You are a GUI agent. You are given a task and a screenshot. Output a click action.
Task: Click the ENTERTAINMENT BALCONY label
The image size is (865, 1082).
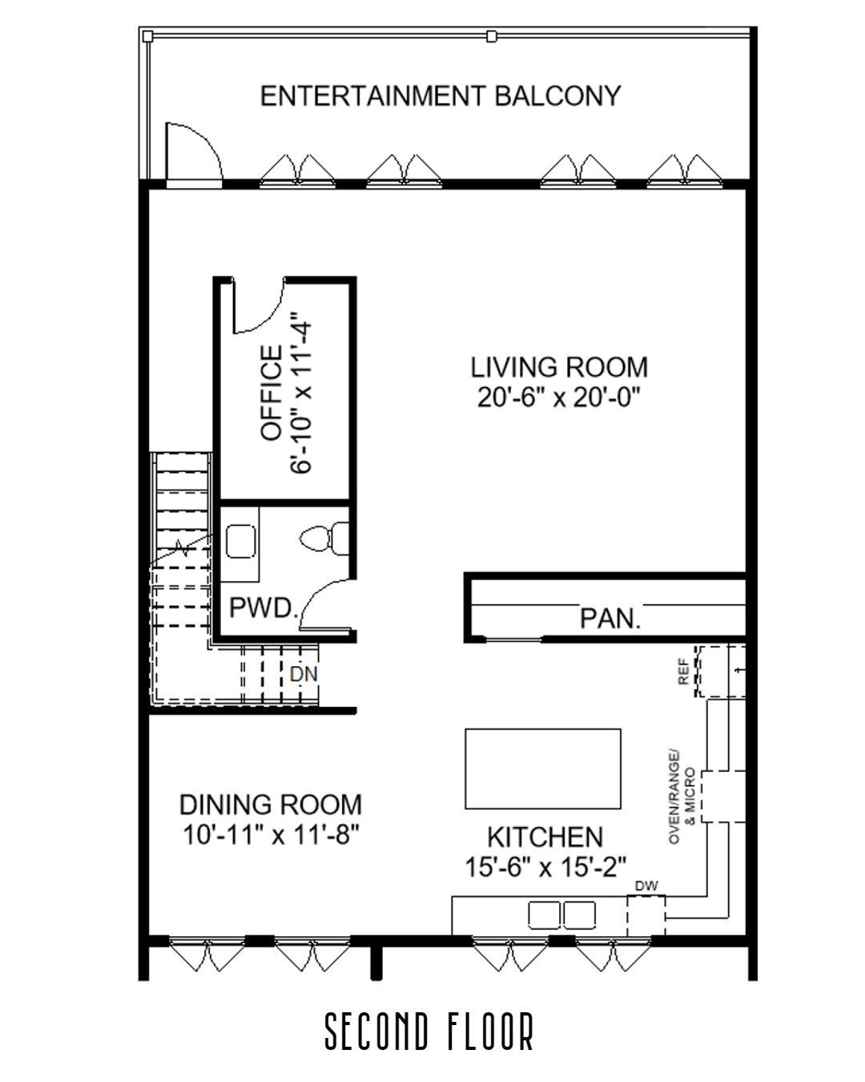coord(440,96)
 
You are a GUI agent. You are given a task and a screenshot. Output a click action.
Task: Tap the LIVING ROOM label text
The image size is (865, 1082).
coord(558,367)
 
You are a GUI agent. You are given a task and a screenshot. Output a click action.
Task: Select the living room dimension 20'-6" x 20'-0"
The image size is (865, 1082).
coord(558,398)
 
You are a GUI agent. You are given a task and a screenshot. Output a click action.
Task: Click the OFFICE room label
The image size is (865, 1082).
coord(272,392)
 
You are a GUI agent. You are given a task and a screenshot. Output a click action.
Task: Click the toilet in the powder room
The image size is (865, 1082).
coord(325,539)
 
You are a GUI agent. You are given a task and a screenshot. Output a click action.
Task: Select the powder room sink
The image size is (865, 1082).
coord(240,541)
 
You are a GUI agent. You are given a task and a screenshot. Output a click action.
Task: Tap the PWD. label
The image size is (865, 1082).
coord(263,608)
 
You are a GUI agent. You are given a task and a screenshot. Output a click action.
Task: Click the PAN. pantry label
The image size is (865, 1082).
coord(610,619)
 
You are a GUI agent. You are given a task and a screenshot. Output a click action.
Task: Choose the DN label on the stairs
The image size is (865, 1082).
coord(304,674)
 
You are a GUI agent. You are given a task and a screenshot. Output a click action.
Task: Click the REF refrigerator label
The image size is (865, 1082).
coord(683,672)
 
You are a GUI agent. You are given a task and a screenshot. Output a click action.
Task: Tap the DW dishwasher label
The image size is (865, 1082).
coord(646,886)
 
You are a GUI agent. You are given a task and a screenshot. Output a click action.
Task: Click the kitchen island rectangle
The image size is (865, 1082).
coord(543,768)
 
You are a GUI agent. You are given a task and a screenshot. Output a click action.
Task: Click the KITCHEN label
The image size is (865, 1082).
coord(545,837)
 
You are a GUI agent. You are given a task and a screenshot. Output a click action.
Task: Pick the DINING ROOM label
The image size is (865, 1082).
coord(270,804)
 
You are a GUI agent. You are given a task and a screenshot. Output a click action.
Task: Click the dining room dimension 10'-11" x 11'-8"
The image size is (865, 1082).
coord(270,835)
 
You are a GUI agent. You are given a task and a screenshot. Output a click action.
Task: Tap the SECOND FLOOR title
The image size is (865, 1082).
coord(429,1032)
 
